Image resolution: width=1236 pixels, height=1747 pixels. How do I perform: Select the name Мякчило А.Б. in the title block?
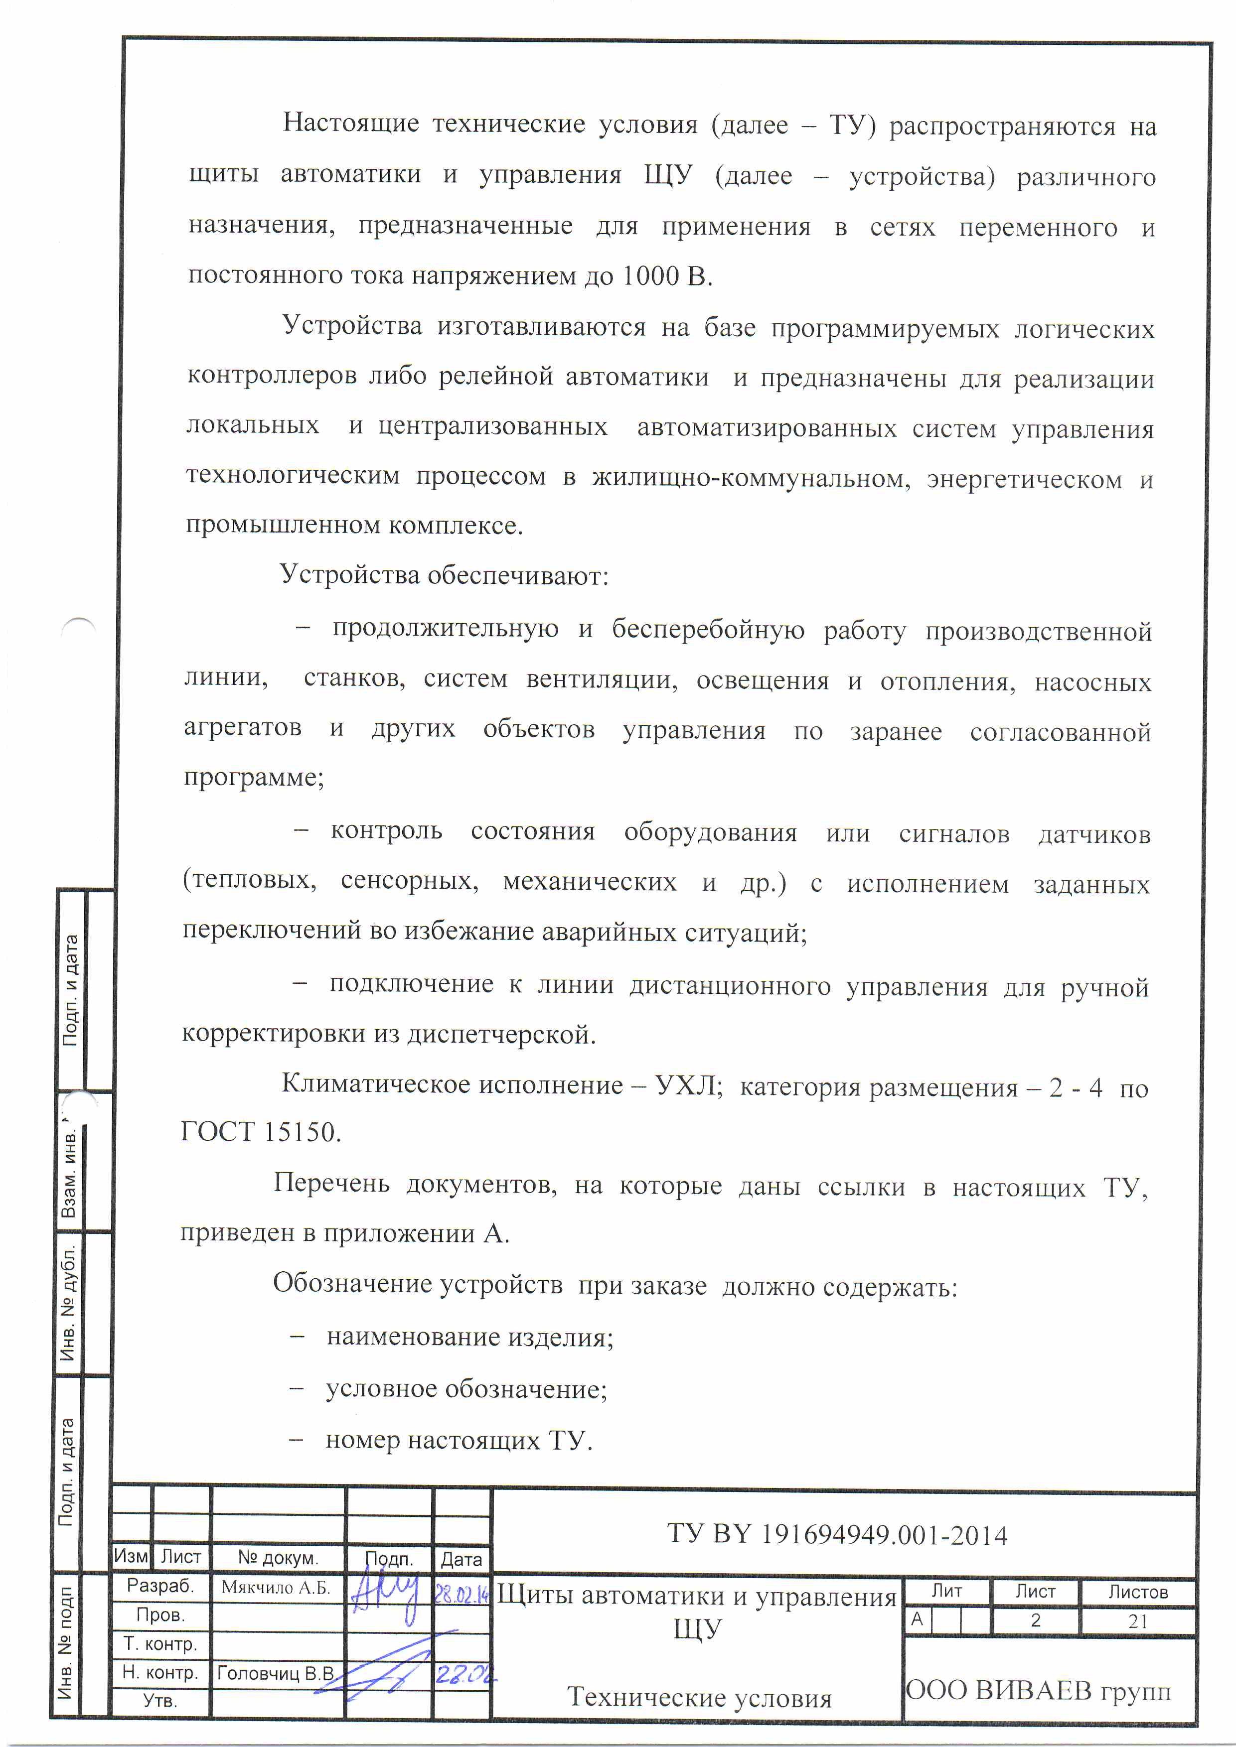pos(276,1587)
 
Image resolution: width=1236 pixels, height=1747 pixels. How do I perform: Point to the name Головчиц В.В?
pos(276,1673)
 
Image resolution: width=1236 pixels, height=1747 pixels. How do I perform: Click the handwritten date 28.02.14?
pos(461,1593)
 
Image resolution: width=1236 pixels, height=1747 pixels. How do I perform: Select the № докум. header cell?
pos(278,1557)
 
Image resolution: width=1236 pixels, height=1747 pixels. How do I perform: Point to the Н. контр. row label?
pos(160,1672)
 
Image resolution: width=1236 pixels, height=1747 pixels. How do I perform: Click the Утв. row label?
pos(160,1701)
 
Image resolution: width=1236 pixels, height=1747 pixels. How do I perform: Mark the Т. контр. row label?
pos(160,1643)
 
